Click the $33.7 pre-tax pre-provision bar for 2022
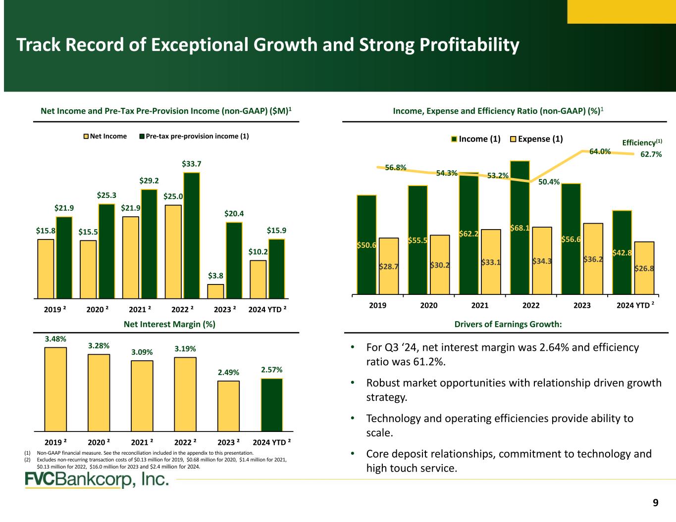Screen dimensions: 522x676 (192, 236)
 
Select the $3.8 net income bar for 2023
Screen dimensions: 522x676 (215, 291)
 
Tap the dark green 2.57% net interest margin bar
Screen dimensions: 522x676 (272, 405)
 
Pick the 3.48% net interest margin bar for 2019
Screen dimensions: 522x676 (55, 389)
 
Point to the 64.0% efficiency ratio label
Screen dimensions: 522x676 (599, 151)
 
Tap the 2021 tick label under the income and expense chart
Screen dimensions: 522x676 (479, 306)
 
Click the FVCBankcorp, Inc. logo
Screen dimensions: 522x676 (97, 480)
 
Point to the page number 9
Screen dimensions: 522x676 (655, 503)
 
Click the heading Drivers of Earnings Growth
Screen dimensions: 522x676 (508, 324)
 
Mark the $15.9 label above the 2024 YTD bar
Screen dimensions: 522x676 (276, 230)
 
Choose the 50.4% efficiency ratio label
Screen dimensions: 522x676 (549, 182)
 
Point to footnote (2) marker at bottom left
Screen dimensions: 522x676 (27, 460)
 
